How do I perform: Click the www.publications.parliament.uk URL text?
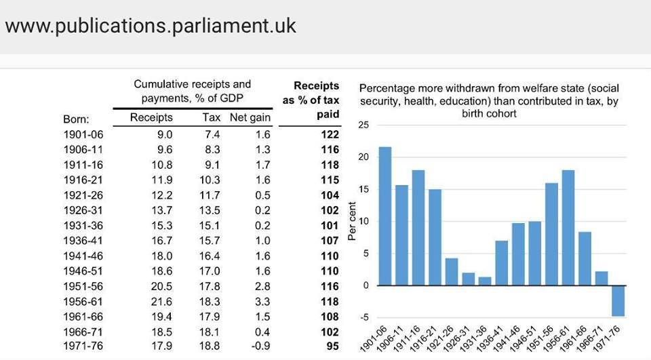tap(151, 26)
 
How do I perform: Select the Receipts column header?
tap(151, 117)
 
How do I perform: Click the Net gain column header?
tap(250, 118)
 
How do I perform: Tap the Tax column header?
tap(212, 117)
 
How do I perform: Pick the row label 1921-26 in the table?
tap(83, 195)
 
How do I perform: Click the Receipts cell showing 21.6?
tap(161, 302)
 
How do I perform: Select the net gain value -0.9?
tap(260, 346)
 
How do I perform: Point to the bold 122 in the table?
tap(330, 134)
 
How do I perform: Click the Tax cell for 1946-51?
tap(210, 271)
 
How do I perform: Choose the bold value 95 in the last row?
tap(332, 346)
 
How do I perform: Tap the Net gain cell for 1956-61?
tap(262, 302)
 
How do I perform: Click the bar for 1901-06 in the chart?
tap(385, 216)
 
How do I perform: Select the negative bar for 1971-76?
tap(618, 301)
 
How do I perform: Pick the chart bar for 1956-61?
tap(568, 228)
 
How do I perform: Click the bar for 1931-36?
tap(485, 281)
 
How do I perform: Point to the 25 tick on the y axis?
tap(363, 125)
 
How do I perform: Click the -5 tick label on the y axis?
tap(365, 318)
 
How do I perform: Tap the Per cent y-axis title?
tap(353, 221)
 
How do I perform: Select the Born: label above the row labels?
tap(76, 119)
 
